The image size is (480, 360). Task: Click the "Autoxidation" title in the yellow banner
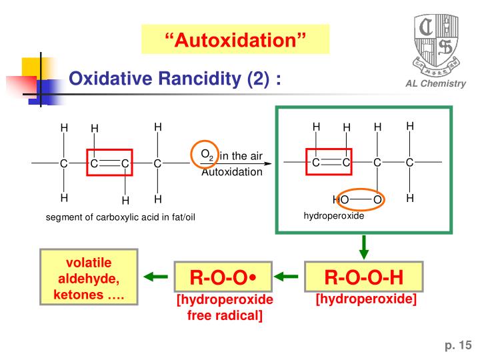[x=235, y=40]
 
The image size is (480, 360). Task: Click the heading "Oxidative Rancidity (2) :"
[x=175, y=79]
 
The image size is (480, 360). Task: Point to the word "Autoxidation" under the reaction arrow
[x=232, y=172]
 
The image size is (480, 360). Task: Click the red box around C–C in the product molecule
[x=329, y=161]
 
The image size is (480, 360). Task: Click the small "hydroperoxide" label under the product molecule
[x=334, y=216]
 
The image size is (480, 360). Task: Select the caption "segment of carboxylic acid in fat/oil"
[x=120, y=217]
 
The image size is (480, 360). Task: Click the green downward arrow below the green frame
[x=364, y=247]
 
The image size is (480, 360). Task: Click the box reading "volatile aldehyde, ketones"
[x=89, y=276]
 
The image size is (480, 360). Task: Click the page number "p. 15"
[x=458, y=345]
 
